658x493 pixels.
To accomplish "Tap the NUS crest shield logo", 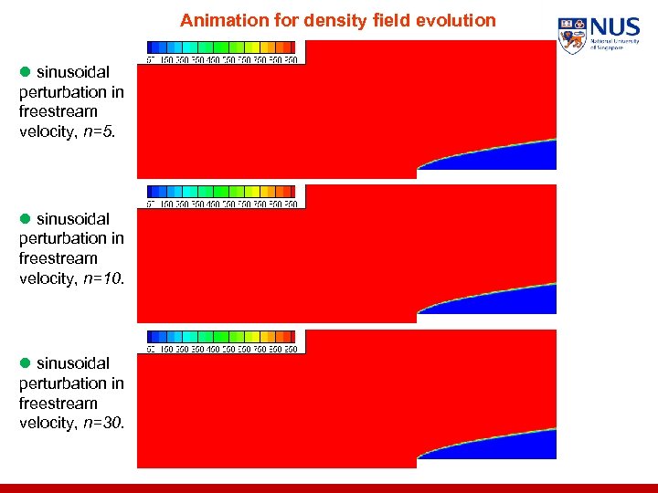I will point(572,36).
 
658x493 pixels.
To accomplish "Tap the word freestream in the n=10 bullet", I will point(58,258).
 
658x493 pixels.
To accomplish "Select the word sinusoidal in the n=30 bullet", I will point(73,363).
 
